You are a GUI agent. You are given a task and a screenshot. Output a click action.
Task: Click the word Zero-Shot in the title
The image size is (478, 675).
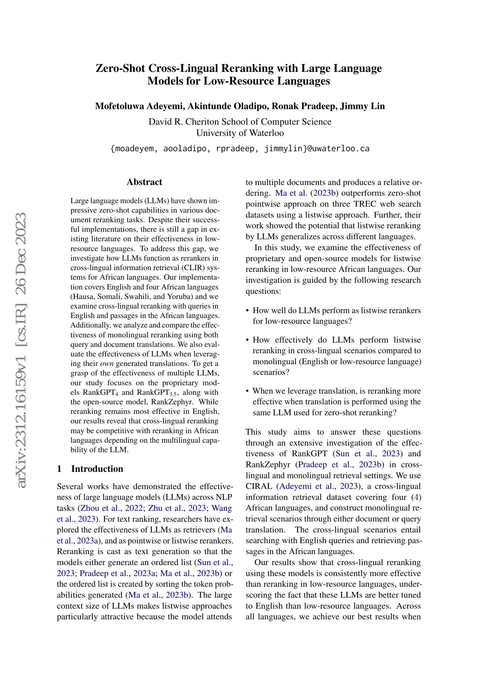pos(121,68)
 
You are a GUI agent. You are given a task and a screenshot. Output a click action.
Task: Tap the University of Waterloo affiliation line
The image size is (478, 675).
pos(240,133)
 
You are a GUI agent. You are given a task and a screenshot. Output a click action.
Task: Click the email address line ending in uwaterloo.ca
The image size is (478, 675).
pos(240,149)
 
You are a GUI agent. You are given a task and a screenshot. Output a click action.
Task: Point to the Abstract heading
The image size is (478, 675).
pos(144,182)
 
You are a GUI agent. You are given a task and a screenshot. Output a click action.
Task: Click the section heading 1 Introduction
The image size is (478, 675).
pos(90,468)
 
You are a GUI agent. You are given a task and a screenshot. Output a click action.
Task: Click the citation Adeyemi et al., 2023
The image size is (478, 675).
pos(318,486)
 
